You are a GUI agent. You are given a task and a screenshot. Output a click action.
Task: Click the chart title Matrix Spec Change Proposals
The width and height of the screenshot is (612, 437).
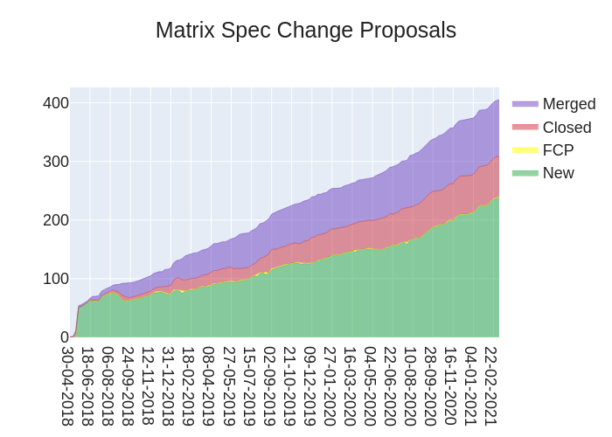pyautogui.click(x=306, y=30)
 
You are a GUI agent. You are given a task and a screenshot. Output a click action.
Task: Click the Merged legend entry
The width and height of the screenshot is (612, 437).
pyautogui.click(x=568, y=104)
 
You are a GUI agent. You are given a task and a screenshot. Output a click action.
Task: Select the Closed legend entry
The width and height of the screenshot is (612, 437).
pyautogui.click(x=567, y=128)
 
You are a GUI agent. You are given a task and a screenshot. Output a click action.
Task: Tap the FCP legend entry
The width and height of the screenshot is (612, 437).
pyautogui.click(x=558, y=150)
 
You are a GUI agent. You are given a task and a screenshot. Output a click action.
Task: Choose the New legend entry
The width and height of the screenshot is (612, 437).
pyautogui.click(x=558, y=173)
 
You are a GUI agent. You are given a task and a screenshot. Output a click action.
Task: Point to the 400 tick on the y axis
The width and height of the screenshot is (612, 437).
pyautogui.click(x=56, y=103)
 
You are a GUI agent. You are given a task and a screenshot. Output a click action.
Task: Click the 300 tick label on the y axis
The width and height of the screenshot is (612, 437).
pyautogui.click(x=56, y=162)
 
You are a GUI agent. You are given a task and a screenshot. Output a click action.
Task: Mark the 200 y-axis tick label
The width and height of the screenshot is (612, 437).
pyautogui.click(x=56, y=220)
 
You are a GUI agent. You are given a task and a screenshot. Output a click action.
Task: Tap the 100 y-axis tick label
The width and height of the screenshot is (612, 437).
pyautogui.click(x=56, y=279)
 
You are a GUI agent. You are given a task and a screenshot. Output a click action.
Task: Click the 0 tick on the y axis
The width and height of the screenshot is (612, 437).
pyautogui.click(x=64, y=337)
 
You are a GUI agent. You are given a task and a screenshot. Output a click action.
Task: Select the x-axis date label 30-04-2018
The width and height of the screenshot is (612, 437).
pyautogui.click(x=68, y=385)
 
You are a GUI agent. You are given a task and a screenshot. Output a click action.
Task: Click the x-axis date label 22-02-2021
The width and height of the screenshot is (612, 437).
pyautogui.click(x=491, y=385)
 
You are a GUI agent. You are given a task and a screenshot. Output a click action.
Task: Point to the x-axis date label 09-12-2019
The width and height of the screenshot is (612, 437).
pyautogui.click(x=309, y=385)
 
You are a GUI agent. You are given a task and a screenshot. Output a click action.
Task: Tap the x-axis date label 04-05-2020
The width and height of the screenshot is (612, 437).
pyautogui.click(x=370, y=385)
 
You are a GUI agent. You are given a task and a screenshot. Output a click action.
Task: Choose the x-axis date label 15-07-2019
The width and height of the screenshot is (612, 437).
pyautogui.click(x=249, y=385)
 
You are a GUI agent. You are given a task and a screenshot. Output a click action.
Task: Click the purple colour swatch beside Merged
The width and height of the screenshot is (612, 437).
pyautogui.click(x=525, y=104)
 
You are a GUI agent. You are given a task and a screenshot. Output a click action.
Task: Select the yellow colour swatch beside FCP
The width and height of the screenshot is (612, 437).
pyautogui.click(x=525, y=150)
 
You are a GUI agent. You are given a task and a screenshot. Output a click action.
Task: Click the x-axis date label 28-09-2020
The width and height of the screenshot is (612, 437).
pyautogui.click(x=430, y=385)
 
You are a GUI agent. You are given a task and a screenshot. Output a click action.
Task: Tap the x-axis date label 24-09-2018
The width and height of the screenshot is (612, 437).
pyautogui.click(x=129, y=385)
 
